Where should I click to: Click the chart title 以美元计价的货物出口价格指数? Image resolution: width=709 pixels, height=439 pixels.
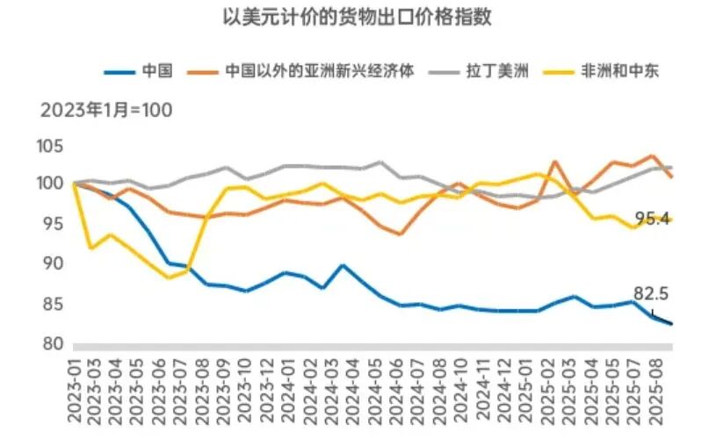354,16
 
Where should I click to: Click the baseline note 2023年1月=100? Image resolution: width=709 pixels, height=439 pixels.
105,111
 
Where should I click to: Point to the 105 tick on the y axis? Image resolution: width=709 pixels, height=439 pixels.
50,145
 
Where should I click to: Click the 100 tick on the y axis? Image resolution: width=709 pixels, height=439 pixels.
50,184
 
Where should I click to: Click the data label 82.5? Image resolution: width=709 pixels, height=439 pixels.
651,294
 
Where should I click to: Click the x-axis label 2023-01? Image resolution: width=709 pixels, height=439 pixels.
75,386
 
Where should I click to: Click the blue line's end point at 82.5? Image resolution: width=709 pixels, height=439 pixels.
672,324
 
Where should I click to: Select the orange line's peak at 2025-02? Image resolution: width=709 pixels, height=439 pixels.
553,162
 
